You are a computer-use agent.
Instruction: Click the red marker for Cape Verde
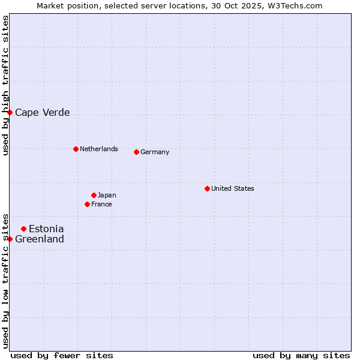[10, 112]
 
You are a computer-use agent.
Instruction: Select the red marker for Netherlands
[76, 149]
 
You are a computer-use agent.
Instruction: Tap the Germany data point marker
[136, 152]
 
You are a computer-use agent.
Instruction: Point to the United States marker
[207, 188]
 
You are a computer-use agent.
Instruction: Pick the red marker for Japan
[94, 195]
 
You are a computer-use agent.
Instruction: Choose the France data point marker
[87, 204]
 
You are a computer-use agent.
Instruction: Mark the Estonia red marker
[23, 229]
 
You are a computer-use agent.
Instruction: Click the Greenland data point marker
[10, 239]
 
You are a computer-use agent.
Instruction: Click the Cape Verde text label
[42, 112]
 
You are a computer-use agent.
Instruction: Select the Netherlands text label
[98, 149]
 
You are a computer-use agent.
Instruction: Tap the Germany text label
[155, 152]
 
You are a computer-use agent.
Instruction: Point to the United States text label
[232, 188]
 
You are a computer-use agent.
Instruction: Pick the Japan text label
[107, 195]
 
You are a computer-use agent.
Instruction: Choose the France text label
[101, 204]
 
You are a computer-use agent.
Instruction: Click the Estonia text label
[46, 229]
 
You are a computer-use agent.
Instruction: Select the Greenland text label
[39, 239]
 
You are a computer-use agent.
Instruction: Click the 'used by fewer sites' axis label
[62, 355]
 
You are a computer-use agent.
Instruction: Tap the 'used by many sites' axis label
[301, 355]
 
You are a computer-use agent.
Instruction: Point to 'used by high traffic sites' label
[5, 85]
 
